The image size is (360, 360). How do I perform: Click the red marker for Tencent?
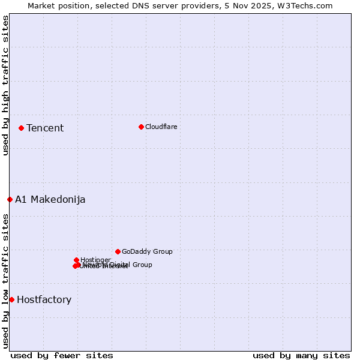pos(21,128)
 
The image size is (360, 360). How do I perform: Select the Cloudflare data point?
pos(141,127)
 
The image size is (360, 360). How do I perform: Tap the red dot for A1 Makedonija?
pos(10,199)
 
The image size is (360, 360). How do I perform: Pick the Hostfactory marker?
pos(11,299)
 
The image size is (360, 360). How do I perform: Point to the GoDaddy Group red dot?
pos(118,251)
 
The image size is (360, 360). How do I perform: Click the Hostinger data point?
pos(77,260)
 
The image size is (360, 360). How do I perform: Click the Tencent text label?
pos(45,128)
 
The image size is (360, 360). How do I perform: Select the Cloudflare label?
pos(161,127)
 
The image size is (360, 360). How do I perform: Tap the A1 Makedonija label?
pos(50,199)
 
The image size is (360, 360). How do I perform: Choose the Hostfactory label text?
pos(44,299)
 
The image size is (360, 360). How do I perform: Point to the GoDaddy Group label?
pos(147,251)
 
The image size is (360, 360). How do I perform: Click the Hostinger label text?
pos(95,260)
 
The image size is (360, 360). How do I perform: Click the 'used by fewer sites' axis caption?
pos(62,355)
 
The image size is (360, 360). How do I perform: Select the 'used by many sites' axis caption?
pos(301,355)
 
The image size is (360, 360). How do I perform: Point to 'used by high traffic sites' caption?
pos(5,85)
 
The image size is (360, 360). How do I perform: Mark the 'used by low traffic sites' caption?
pos(5,281)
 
